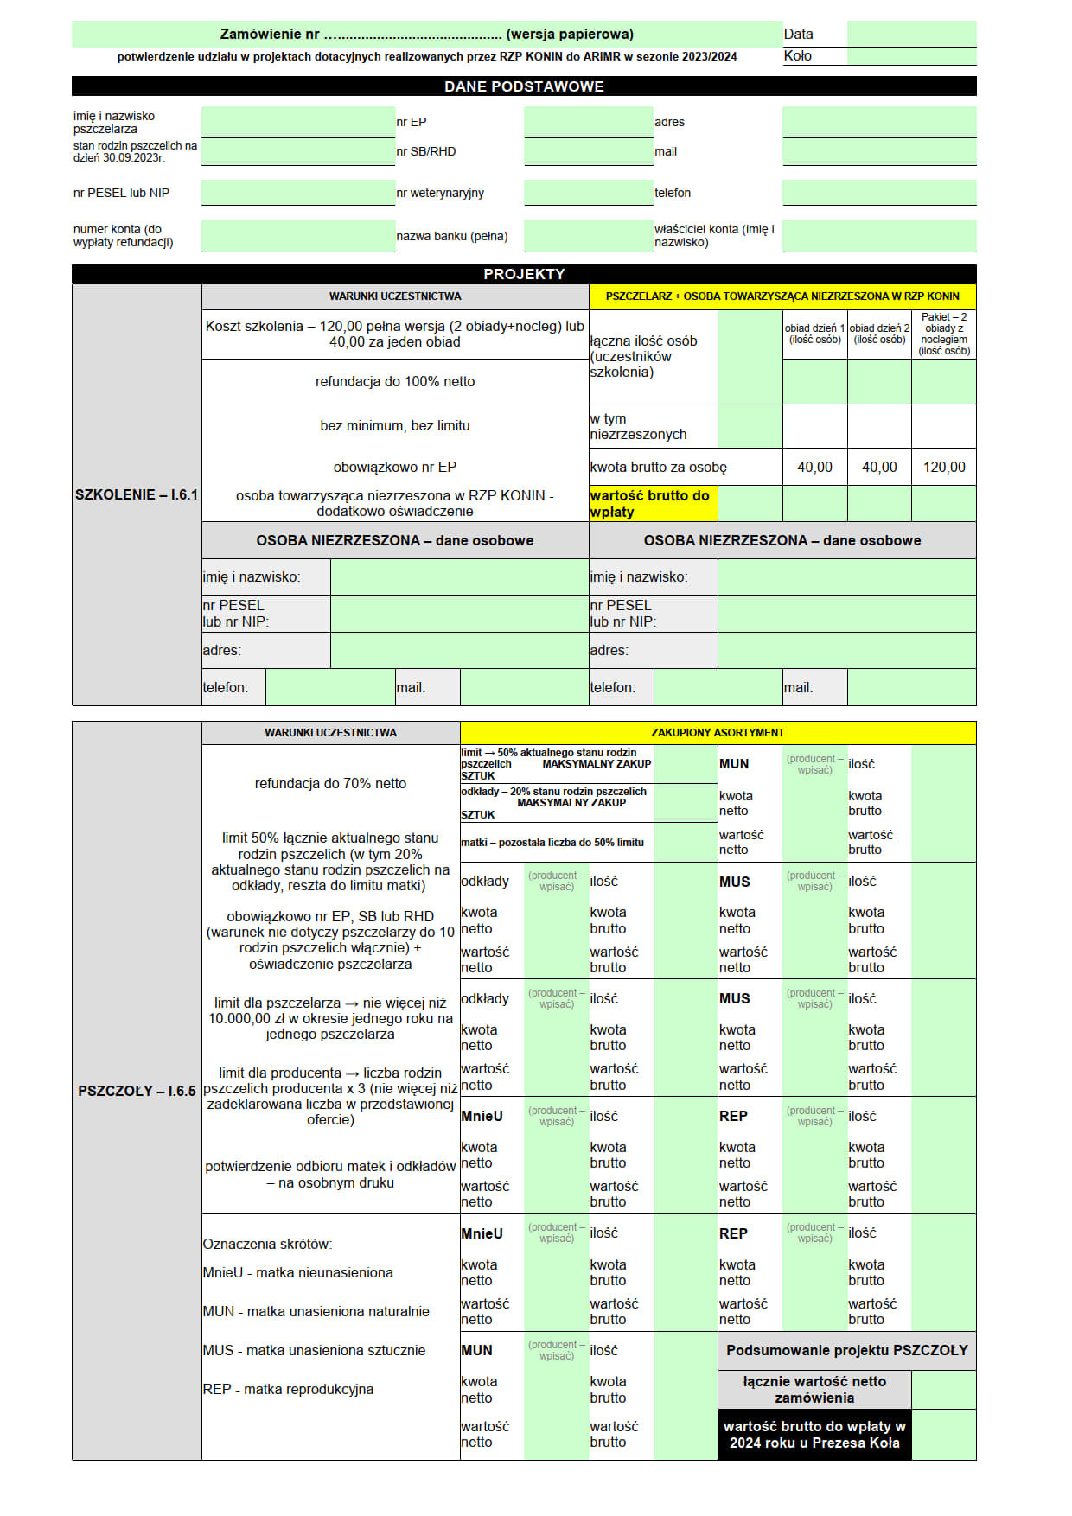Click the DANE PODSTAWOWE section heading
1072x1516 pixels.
point(524,86)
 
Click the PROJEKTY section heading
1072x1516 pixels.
point(524,274)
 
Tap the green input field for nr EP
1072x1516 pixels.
point(588,122)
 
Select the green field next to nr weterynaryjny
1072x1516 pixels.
point(588,192)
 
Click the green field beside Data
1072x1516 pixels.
point(911,34)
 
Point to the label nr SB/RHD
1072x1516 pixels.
point(426,151)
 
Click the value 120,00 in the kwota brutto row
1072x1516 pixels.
point(944,467)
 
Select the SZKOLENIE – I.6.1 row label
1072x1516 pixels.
point(137,494)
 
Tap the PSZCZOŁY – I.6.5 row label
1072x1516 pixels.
point(137,1091)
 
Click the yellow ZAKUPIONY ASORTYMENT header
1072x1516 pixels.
point(718,733)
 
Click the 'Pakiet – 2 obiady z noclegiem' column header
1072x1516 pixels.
point(944,334)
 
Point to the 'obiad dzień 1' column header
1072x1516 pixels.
point(814,334)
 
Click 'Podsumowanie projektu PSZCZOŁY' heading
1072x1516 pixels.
point(846,1350)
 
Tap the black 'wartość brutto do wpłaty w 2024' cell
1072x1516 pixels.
point(814,1435)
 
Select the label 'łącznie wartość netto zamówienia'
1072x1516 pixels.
point(814,1389)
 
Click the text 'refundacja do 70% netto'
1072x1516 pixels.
point(330,783)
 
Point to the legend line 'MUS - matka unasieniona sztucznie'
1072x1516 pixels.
point(315,1350)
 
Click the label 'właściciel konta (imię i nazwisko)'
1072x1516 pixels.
point(714,235)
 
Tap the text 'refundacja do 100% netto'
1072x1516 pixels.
point(395,381)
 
